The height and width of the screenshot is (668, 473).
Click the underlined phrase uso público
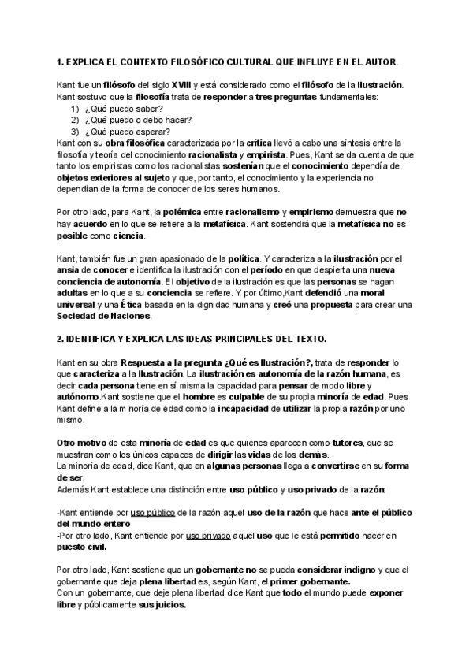point(153,514)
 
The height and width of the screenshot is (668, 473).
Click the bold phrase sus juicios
point(165,606)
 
